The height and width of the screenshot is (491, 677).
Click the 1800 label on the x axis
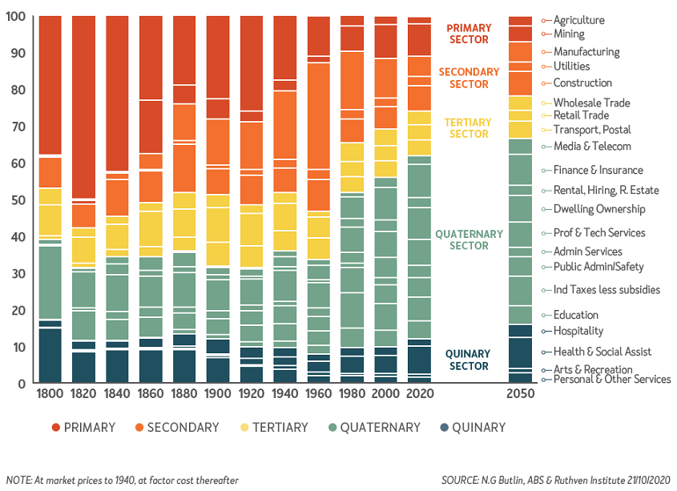(x=50, y=396)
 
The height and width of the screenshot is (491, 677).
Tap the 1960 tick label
(x=319, y=396)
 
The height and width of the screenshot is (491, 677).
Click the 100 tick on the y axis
(x=15, y=17)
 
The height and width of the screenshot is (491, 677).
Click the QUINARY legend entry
(x=473, y=427)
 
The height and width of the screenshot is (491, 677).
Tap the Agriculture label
(x=578, y=20)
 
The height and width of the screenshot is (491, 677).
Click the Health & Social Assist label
(x=602, y=352)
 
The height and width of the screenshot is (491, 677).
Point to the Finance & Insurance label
(x=598, y=170)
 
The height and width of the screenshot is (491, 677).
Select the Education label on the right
(x=575, y=315)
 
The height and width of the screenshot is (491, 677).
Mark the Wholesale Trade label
(x=591, y=103)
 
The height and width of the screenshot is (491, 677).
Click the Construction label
(x=582, y=83)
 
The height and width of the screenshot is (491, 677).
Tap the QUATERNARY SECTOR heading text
(x=469, y=240)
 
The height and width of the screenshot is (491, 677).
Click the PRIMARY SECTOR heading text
(x=469, y=34)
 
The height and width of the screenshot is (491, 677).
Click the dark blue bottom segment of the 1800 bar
(x=50, y=356)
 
